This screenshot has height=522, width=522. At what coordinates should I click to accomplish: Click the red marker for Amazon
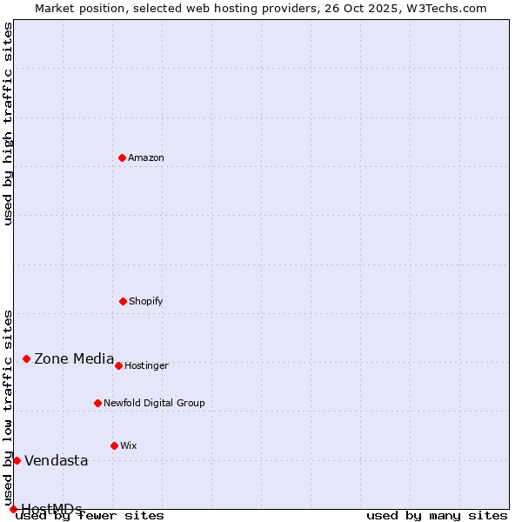coord(123,157)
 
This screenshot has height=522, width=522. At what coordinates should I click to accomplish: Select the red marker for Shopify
coord(123,301)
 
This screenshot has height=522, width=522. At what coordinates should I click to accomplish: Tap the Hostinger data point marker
coord(118,365)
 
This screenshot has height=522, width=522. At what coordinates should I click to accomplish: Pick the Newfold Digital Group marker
coord(97,403)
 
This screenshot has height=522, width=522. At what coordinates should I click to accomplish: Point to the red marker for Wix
coord(114,445)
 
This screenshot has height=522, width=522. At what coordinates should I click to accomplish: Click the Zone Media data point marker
coord(26,358)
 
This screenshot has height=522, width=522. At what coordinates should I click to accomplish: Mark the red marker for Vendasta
coord(17,460)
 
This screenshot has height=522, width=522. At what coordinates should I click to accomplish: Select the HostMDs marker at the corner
coord(13,509)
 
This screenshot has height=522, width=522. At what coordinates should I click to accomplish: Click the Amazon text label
coord(146,157)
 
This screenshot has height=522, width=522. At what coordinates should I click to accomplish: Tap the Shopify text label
coord(146,301)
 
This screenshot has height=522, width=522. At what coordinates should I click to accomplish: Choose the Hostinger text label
coord(146,365)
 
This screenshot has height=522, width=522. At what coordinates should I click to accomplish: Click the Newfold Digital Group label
coord(154,403)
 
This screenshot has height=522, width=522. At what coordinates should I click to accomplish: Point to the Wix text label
coord(129,445)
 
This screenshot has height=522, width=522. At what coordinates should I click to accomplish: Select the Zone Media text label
coord(74,358)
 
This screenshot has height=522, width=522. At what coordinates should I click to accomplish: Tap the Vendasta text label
coord(57,460)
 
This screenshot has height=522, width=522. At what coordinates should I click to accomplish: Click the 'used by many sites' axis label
coord(437,515)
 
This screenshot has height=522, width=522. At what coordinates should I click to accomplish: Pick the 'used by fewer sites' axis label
coord(90,515)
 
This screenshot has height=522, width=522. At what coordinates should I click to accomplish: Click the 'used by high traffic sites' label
coord(8,124)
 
